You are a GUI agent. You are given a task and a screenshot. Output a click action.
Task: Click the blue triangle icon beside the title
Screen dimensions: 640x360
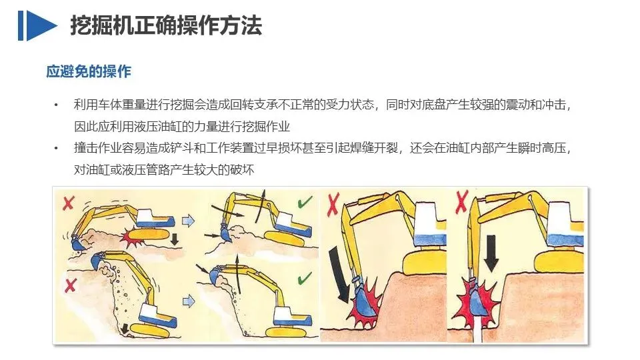point(41,25)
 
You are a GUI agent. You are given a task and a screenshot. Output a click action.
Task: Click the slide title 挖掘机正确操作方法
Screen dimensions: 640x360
point(166,25)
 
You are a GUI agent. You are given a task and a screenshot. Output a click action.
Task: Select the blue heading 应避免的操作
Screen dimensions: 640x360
point(89,71)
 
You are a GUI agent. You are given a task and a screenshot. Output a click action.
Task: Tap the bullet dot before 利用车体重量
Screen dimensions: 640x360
point(56,105)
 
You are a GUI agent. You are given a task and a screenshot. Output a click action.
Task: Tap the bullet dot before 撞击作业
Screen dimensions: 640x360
point(56,148)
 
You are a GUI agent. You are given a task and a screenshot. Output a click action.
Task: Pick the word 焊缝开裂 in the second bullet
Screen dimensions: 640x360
point(374,148)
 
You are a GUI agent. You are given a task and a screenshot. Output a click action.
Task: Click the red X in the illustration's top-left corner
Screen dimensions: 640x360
point(68,203)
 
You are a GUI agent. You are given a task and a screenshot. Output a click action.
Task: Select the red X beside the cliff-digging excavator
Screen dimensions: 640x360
point(70,285)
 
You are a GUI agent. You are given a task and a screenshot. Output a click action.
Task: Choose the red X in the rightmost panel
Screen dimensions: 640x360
point(461,201)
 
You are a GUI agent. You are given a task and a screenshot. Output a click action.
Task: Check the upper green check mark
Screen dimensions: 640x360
point(305,202)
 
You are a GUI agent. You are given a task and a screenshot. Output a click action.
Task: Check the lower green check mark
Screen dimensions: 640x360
point(305,279)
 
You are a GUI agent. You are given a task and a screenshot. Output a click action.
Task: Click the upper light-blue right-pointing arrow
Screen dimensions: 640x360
point(188,221)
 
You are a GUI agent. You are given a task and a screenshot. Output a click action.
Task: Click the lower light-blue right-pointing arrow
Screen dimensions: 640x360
point(188,301)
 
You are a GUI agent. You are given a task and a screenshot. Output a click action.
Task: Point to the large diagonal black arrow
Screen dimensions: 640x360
point(339,274)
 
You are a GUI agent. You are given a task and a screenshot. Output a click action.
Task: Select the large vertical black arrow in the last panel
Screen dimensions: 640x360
point(491,253)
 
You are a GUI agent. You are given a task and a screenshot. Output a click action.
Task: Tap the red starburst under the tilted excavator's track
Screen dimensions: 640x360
point(133,238)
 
